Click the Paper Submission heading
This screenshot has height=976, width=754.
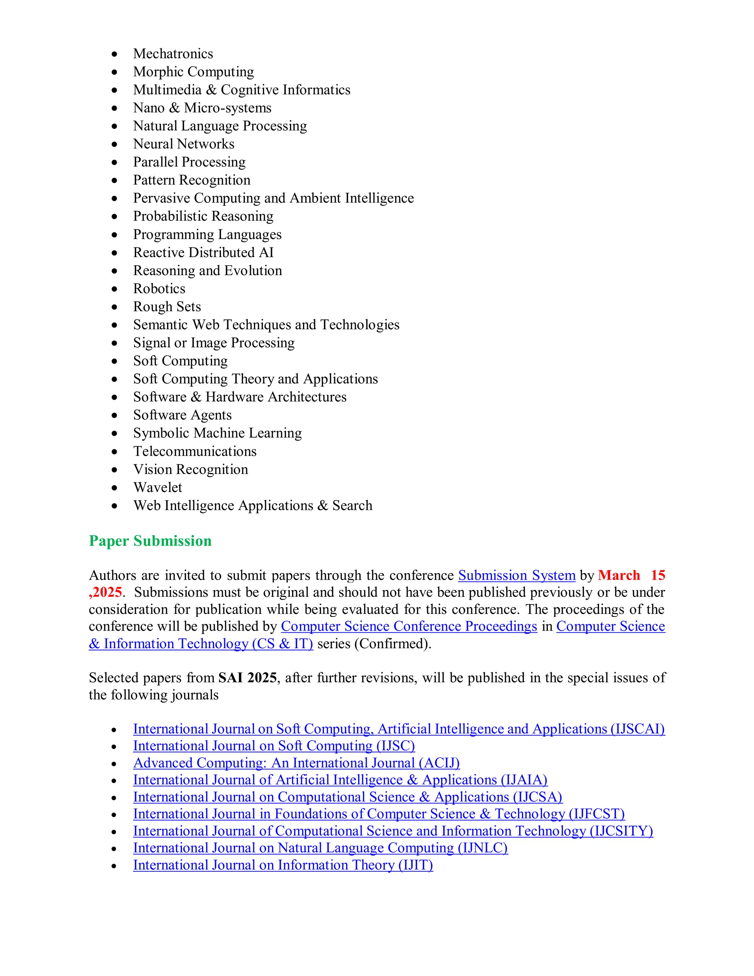click(x=150, y=541)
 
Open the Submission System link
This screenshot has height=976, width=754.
click(x=517, y=576)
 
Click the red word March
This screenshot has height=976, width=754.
click(x=619, y=576)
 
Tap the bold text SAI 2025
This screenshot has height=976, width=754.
click(x=247, y=678)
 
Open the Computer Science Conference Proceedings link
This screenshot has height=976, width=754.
click(x=409, y=626)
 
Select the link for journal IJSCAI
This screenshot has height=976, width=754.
click(x=398, y=729)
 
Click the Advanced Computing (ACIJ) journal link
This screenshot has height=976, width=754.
click(x=296, y=763)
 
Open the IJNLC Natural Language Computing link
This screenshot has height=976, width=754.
click(x=320, y=848)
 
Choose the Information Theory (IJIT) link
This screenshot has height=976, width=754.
click(x=283, y=865)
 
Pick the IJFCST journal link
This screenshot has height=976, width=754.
click(x=378, y=814)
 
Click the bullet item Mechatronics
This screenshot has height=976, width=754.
click(x=173, y=54)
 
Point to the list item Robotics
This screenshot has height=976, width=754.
click(x=159, y=289)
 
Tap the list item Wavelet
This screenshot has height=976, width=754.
click(x=158, y=488)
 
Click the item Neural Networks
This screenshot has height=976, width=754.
click(x=184, y=144)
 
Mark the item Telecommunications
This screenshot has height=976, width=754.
click(x=195, y=452)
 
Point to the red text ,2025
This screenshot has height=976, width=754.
click(x=106, y=593)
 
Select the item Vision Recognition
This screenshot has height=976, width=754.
click(x=190, y=469)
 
